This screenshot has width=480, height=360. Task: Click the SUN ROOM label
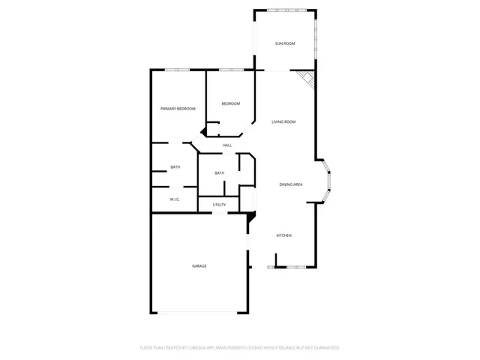(285, 43)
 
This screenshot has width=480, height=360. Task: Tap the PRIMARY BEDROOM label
(178, 109)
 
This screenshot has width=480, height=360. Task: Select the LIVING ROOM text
(284, 121)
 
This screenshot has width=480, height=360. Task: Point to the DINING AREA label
(291, 184)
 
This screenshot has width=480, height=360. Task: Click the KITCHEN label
(284, 236)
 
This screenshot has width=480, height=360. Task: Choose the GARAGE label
(199, 266)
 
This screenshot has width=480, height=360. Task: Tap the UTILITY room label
(219, 205)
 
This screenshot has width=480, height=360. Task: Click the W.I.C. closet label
(174, 199)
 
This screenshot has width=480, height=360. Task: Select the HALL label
(227, 145)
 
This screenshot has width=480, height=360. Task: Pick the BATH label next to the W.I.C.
(175, 167)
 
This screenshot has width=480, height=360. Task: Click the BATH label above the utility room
(219, 173)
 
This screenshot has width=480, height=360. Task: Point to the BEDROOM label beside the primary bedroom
(230, 103)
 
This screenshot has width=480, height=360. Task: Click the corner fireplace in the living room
(305, 79)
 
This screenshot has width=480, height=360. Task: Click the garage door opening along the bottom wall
(199, 313)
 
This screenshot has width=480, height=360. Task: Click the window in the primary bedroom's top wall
(177, 70)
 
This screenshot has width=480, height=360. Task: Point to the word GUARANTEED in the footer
(323, 348)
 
